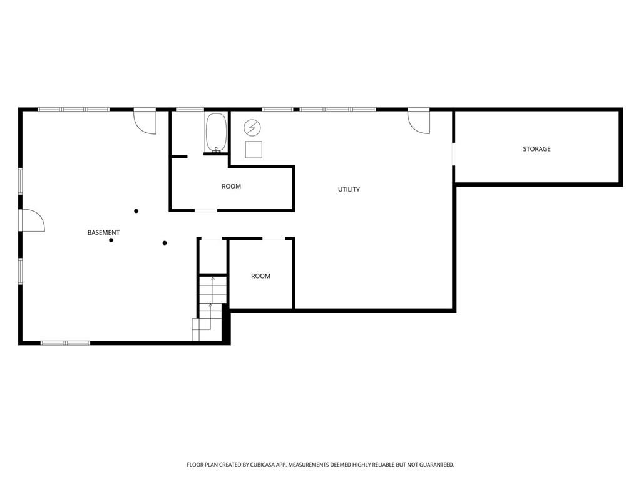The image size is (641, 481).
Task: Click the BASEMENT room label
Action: pos(103,232)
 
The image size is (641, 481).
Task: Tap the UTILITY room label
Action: pos(349,189)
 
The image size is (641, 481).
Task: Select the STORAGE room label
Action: pos(536,149)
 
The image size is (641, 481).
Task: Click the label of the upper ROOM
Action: pos(231,186)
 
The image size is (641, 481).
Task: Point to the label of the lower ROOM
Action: pos(260,276)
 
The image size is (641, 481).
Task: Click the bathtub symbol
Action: pos(217,133)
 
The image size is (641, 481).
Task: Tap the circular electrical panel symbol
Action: pos(252,128)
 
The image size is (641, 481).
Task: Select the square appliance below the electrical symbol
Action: pos(254,150)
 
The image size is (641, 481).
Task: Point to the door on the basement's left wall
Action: pos(32,220)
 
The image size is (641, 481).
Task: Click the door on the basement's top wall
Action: pos(145,121)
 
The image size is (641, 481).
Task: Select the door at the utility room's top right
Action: pos(419,121)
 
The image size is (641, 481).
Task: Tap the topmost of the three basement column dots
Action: pos(136,211)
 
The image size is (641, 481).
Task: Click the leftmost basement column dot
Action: pos(111,240)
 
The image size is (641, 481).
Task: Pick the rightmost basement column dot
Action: pos(165,243)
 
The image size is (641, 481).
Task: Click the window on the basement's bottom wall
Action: pos(65,343)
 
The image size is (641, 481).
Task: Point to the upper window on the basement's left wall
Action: pos(21,180)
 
